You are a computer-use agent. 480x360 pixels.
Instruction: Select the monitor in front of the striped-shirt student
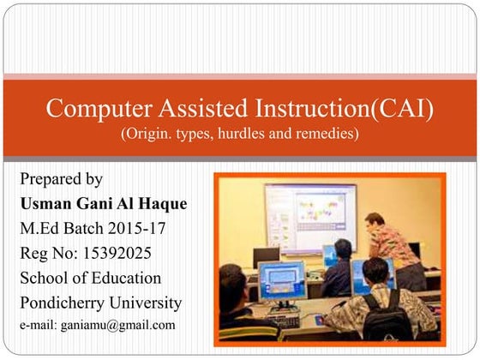point(284,281)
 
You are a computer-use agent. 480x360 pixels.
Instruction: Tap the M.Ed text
point(39,229)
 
